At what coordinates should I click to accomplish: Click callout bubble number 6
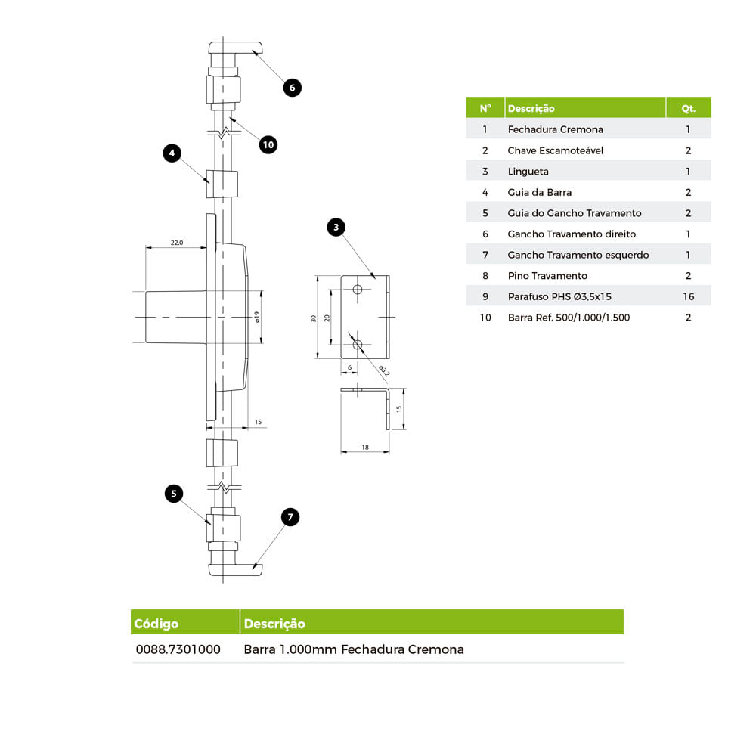[x=293, y=87]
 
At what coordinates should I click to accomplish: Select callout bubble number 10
[x=268, y=144]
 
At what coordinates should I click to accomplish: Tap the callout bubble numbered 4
[x=172, y=153]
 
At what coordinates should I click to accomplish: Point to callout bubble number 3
[x=336, y=226]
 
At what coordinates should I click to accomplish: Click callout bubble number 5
[x=174, y=494]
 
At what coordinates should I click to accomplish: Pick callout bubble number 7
[x=290, y=517]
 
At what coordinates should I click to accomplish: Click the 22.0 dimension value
[x=176, y=243]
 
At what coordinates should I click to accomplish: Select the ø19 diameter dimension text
[x=257, y=318]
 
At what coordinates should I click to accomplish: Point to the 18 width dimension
[x=365, y=448]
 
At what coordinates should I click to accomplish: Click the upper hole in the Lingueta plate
[x=358, y=290]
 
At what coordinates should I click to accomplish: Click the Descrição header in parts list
[x=531, y=108]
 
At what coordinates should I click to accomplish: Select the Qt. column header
[x=688, y=108]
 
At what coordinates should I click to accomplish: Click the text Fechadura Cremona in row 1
[x=555, y=129]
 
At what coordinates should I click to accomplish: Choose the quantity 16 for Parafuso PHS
[x=688, y=296]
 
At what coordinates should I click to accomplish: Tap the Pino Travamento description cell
[x=547, y=276]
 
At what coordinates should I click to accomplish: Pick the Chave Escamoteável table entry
[x=555, y=150]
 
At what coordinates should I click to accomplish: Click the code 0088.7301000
[x=178, y=649]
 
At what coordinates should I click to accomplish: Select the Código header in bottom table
[x=156, y=624]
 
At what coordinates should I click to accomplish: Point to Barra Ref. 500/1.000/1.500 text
[x=569, y=318]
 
